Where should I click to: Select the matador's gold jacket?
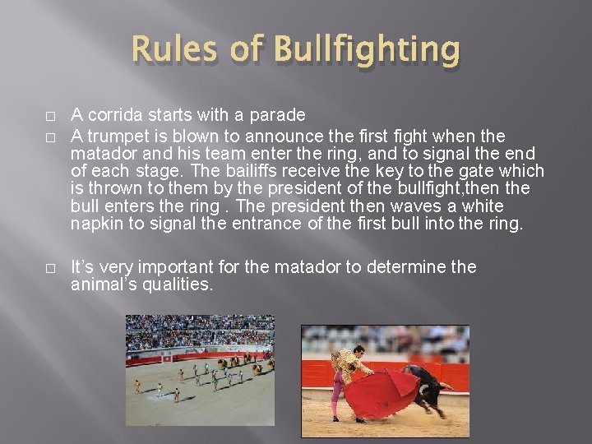coord(349,366)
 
